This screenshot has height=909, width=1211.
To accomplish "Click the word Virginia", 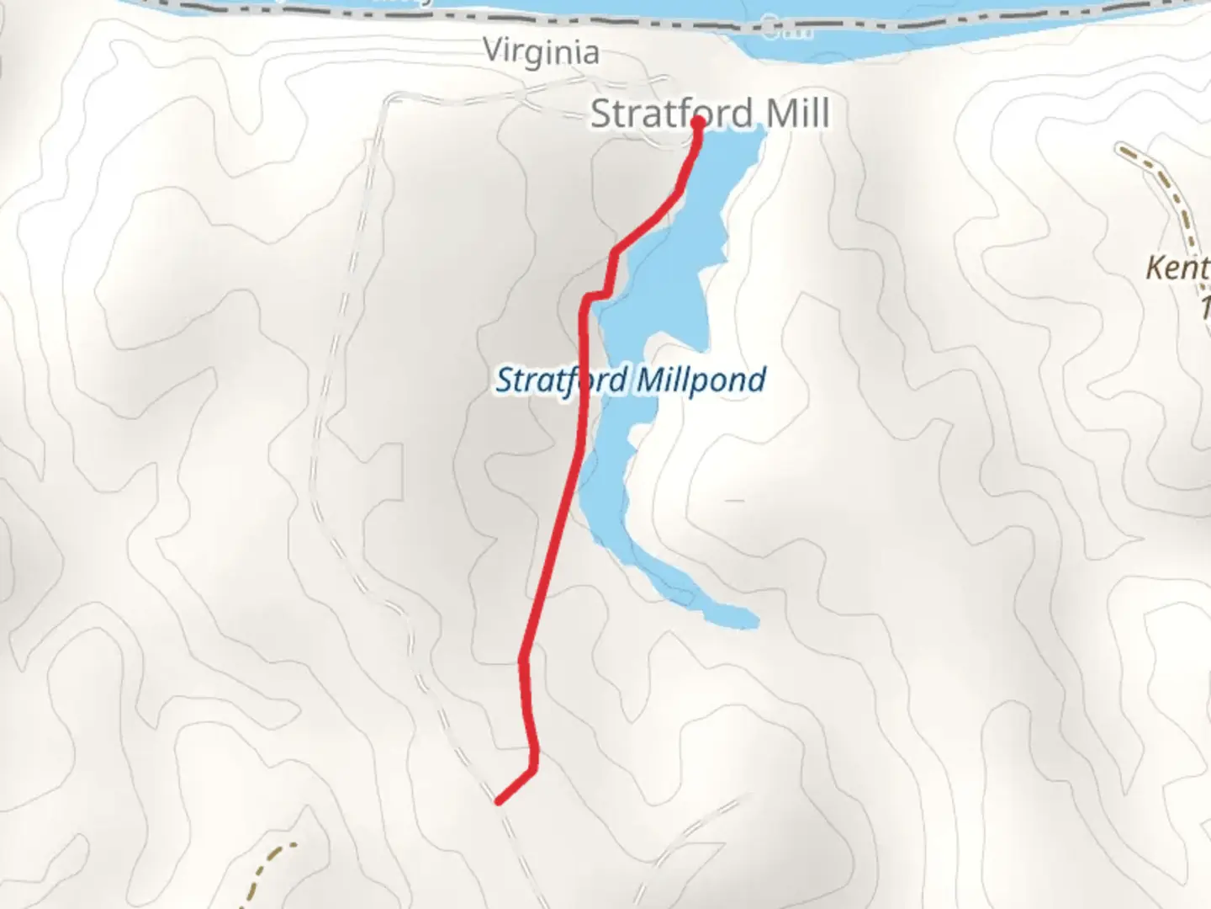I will [x=541, y=52].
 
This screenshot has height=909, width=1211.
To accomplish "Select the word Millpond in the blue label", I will [x=700, y=380].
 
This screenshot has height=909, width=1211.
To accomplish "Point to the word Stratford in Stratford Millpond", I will [x=562, y=380].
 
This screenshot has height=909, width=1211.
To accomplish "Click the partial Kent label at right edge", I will [x=1177, y=268].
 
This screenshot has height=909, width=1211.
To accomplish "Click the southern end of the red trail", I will [x=500, y=801].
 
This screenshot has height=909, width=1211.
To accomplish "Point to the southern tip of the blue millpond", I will [x=753, y=622].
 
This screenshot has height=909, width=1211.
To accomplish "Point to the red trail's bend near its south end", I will [x=533, y=766].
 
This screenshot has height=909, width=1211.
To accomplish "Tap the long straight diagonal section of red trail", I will [x=551, y=555].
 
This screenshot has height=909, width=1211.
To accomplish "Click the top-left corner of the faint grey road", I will [x=389, y=99].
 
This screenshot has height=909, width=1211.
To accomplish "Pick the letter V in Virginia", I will [x=494, y=50].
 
